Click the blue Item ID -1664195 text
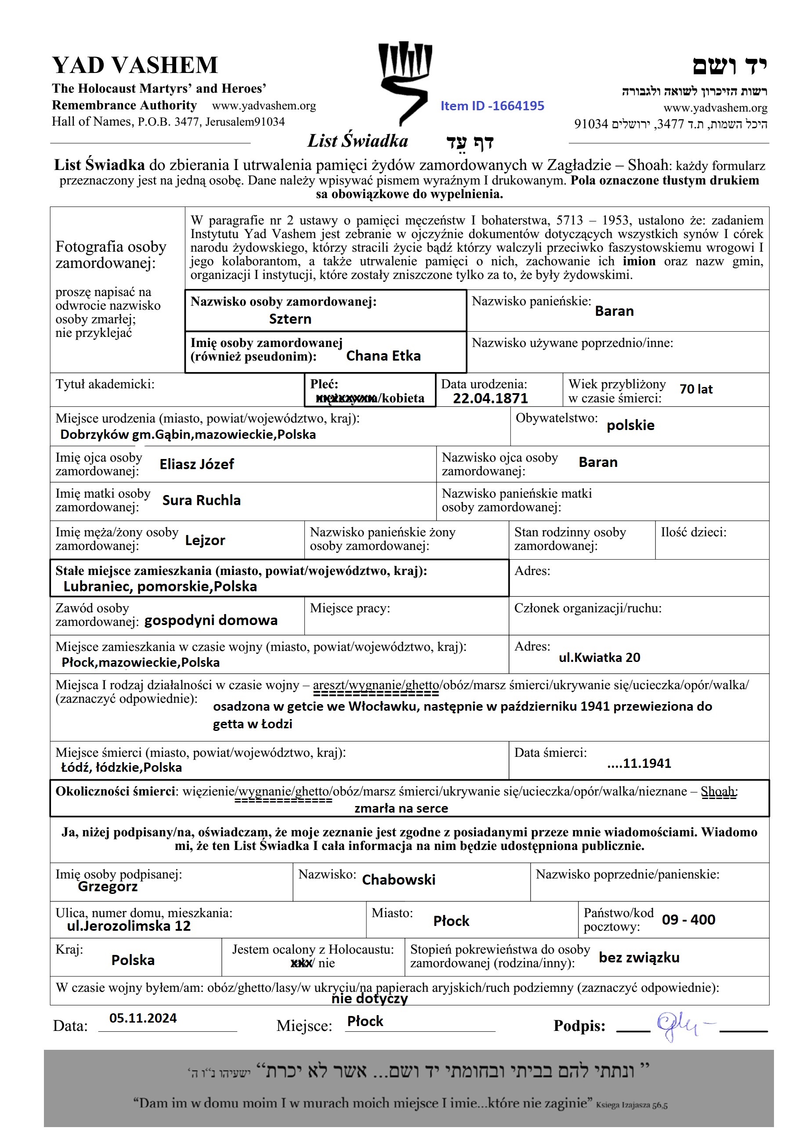(492, 106)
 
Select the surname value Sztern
(290, 319)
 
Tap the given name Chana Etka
(383, 356)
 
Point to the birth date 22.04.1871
(490, 398)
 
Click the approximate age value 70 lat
(696, 389)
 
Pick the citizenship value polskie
(630, 425)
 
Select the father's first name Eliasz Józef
(197, 464)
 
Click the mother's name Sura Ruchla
(201, 500)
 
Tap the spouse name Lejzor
(205, 540)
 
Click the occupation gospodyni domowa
(210, 620)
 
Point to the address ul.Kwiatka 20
(599, 658)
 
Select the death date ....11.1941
(639, 763)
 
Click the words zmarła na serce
(401, 808)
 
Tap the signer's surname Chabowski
(398, 879)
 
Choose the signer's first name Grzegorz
(107, 886)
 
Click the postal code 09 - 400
(688, 919)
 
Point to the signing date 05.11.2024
(143, 1018)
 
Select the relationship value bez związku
(639, 957)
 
